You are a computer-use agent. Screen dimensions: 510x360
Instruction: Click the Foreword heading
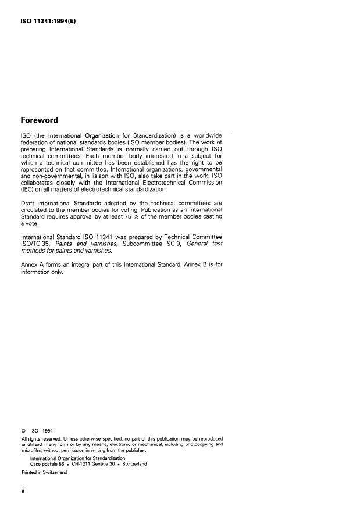coord(39,120)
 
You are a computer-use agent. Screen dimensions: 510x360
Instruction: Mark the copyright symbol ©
coord(23,431)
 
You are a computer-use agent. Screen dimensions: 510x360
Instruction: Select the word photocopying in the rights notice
coord(194,444)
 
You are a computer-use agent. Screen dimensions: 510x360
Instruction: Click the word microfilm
coord(33,450)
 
